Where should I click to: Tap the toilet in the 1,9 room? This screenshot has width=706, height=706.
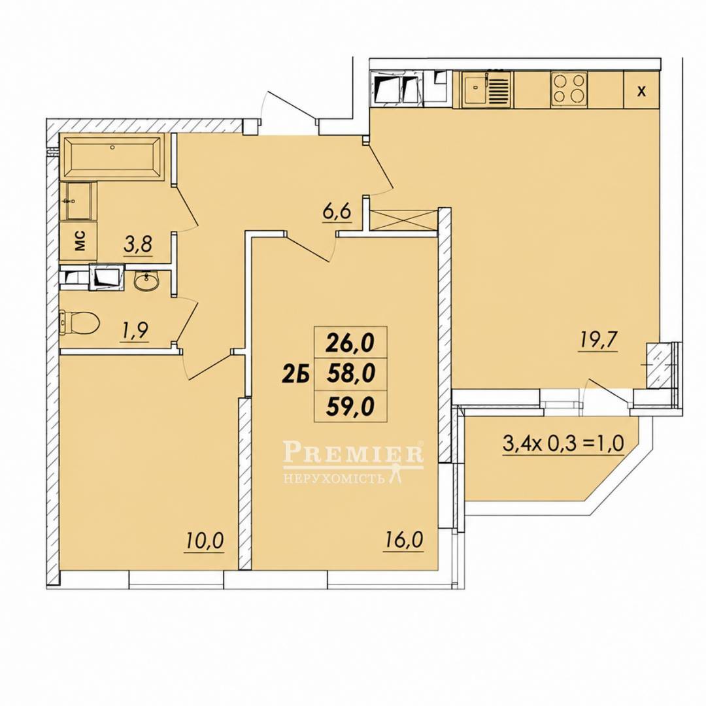[79, 322]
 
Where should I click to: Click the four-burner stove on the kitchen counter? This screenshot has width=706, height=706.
[569, 89]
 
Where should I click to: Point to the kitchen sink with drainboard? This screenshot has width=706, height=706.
[487, 89]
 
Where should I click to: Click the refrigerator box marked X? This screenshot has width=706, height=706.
[641, 90]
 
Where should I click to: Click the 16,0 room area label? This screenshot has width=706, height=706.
[404, 539]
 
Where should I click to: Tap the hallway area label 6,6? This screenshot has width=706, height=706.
[337, 210]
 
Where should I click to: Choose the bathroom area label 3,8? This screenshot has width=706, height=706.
[138, 245]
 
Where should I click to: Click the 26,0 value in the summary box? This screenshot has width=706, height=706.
[350, 343]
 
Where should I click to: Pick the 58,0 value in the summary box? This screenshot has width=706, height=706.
[350, 374]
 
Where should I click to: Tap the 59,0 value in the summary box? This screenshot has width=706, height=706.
[350, 407]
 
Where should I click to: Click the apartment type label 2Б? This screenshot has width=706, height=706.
[295, 374]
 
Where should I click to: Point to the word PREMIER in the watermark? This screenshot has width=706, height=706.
[354, 452]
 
